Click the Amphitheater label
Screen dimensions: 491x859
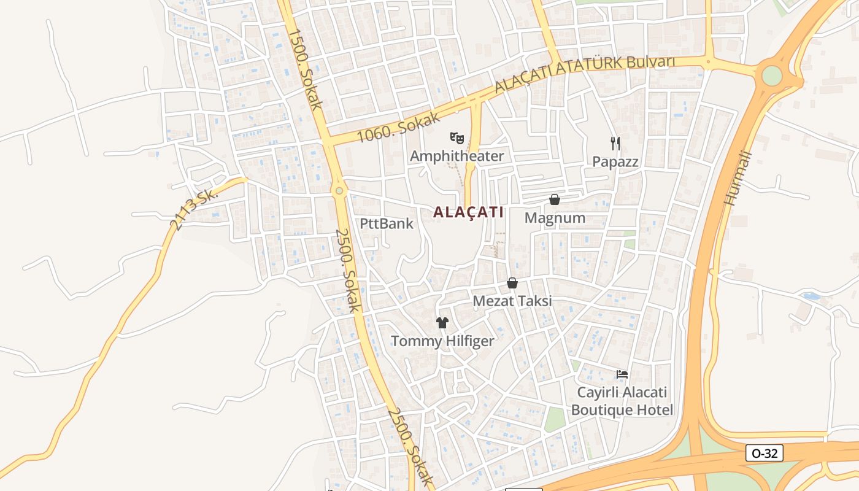[x=456, y=156]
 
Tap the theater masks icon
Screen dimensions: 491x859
[x=456, y=138]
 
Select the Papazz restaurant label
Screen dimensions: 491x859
[x=615, y=162]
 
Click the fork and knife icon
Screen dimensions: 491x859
[x=615, y=144]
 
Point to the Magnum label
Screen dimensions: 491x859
[x=555, y=218]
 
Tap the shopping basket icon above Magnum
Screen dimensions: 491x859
[x=555, y=199]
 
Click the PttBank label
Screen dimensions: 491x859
[x=387, y=223]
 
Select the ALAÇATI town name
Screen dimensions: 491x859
[x=468, y=212]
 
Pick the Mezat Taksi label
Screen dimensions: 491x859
[x=512, y=301]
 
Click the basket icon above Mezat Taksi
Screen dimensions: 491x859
[x=512, y=283]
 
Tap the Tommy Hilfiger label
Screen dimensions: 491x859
[x=442, y=341]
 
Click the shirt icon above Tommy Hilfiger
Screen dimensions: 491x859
[x=442, y=323]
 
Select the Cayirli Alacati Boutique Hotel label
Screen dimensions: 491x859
[x=622, y=401]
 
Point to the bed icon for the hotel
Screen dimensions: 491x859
[x=622, y=374]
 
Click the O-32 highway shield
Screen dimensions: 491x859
[x=765, y=454]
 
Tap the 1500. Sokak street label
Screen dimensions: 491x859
[x=305, y=69]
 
